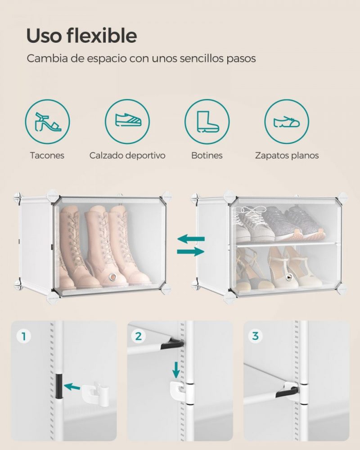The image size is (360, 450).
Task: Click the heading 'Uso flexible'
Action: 81,36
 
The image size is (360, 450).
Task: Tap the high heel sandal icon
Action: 47,121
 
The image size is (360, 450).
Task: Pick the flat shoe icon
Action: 286,121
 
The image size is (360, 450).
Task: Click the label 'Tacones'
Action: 47,156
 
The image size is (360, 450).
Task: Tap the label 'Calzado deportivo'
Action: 127,156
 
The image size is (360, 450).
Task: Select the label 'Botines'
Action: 207,156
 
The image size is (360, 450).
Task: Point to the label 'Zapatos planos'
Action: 287,156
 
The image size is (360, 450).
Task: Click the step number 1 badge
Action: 23,336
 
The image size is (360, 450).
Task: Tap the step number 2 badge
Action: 139,336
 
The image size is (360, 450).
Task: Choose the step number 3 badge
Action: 255,336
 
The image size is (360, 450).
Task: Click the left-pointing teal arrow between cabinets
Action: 191,238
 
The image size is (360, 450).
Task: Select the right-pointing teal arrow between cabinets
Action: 191,252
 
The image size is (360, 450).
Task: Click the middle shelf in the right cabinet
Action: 286,243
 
